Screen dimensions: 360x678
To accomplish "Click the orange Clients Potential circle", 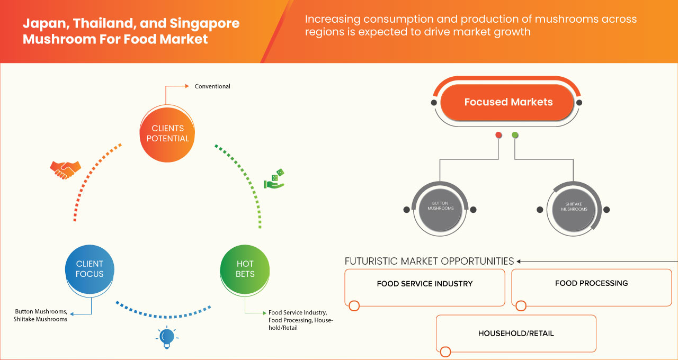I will [166, 133].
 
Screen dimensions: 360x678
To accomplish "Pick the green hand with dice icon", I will [274, 180].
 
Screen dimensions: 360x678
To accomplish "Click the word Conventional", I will [212, 86].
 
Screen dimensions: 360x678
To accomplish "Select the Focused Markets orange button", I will [508, 102].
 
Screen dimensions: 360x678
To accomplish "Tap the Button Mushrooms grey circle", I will [440, 206].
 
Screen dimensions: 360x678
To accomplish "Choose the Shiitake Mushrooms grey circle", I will [574, 206].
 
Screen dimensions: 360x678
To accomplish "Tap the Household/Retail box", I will [515, 334].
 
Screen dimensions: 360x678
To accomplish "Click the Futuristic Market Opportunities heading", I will [429, 261].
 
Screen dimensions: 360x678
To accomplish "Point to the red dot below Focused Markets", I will [498, 136].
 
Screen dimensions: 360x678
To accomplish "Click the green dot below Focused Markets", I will [515, 136].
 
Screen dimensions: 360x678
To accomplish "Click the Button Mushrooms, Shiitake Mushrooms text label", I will [41, 316].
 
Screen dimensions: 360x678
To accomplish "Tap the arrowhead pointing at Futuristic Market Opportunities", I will [519, 261].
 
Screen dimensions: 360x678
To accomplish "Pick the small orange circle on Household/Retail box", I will [445, 352].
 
